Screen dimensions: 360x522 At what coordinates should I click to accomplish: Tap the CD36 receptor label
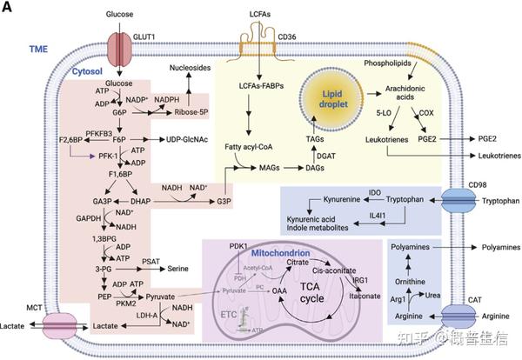pyautogui.click(x=287, y=37)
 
